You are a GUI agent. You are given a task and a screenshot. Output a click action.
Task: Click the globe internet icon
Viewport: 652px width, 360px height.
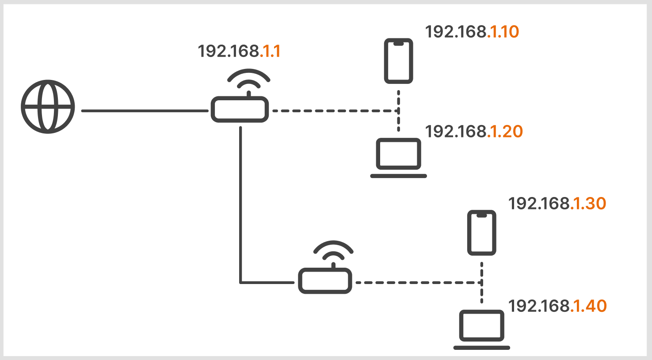[x=48, y=106]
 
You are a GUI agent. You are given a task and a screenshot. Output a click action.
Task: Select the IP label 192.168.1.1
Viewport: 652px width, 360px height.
[x=239, y=51]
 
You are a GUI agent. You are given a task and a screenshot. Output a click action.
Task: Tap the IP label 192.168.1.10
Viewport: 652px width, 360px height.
[x=472, y=32]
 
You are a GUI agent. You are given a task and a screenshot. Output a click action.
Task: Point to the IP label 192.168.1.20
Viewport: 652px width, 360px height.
[x=473, y=132]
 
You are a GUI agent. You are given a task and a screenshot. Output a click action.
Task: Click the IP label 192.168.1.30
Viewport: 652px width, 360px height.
[x=557, y=204]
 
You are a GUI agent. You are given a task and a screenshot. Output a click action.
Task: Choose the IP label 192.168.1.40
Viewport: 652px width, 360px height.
[x=557, y=306]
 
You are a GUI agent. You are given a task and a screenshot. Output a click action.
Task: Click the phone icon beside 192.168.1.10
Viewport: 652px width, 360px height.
[x=398, y=61]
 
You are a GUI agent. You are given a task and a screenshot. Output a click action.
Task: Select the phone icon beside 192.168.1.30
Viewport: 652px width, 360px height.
[x=482, y=233]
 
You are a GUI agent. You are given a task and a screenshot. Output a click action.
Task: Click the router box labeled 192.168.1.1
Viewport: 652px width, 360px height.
[x=240, y=110]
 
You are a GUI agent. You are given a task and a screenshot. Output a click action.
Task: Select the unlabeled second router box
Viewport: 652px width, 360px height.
[x=325, y=281]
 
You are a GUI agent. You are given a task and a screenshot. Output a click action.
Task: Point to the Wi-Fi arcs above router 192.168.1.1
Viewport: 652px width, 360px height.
[x=248, y=80]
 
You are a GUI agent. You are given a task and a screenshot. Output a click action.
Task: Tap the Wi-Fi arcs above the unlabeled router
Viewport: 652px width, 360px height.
[x=333, y=251]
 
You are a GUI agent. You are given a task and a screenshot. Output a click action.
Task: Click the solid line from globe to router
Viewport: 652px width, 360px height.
[x=145, y=111]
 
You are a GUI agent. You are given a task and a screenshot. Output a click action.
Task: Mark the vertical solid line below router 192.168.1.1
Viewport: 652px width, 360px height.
[x=240, y=203]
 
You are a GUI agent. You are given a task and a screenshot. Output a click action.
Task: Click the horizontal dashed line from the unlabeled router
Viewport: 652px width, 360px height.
[x=418, y=282]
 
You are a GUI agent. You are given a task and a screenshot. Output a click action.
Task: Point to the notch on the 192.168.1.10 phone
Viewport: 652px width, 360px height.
[x=398, y=43]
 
